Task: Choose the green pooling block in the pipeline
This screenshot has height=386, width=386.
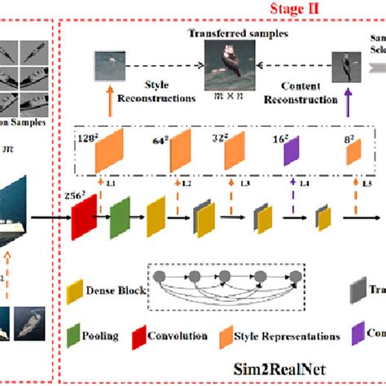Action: [119, 218]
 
